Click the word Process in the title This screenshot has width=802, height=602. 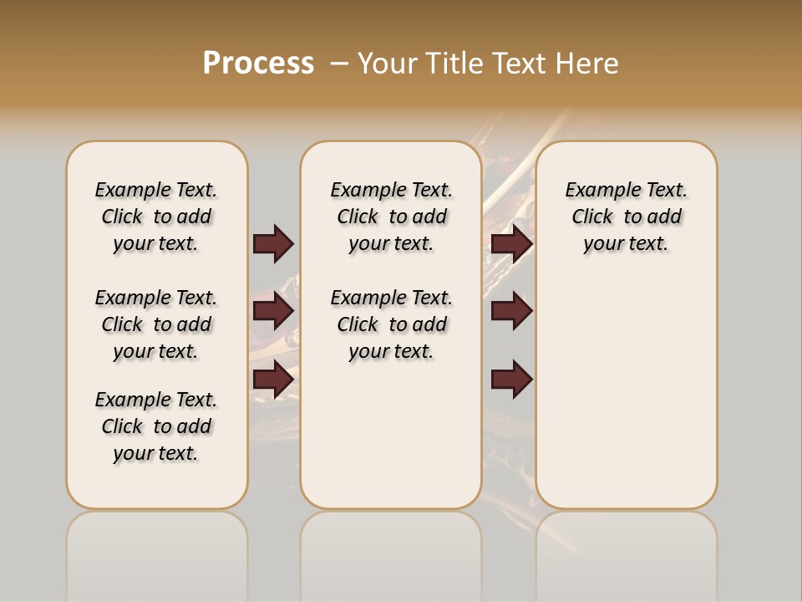[258, 63]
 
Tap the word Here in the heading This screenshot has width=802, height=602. [588, 64]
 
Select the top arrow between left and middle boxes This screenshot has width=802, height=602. [273, 243]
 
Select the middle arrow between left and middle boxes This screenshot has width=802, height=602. [273, 311]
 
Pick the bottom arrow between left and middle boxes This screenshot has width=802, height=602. [273, 379]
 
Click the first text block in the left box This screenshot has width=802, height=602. [156, 217]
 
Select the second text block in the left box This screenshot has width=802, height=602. [156, 324]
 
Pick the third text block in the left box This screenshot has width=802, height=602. [156, 426]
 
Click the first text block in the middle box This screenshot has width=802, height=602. [391, 217]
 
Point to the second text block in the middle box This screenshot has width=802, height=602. [391, 324]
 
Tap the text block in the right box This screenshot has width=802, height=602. [626, 217]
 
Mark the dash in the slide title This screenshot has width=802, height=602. [339, 64]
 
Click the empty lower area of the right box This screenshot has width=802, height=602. [626, 393]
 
